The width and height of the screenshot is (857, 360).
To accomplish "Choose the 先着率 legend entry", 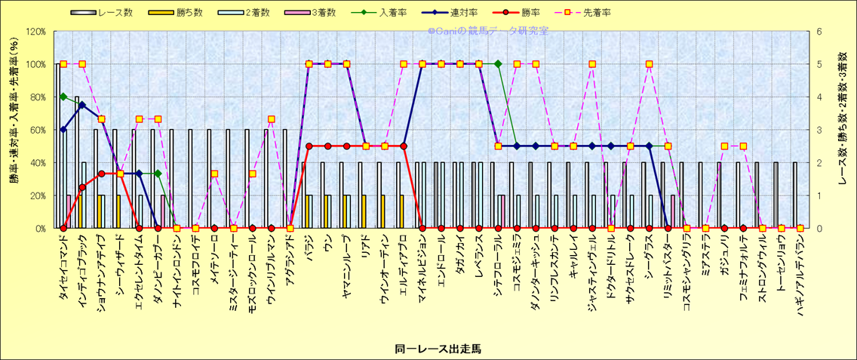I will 596,13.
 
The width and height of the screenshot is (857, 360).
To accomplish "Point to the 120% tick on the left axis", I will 35,32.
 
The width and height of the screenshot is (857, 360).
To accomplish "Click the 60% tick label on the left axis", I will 38,130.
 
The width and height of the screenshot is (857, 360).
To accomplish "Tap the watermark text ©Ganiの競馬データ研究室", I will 487,31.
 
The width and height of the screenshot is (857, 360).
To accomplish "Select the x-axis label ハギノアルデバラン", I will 800,279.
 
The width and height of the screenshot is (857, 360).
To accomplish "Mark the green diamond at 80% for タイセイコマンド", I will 63,97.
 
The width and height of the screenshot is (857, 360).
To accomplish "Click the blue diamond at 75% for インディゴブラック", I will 82,105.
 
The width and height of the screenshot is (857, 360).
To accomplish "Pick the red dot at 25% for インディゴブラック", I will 82,187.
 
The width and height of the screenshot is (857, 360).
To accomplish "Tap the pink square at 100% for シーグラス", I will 649,64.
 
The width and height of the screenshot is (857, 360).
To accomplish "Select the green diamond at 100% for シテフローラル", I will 498,64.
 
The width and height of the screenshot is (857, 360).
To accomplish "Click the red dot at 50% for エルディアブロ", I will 404,146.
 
